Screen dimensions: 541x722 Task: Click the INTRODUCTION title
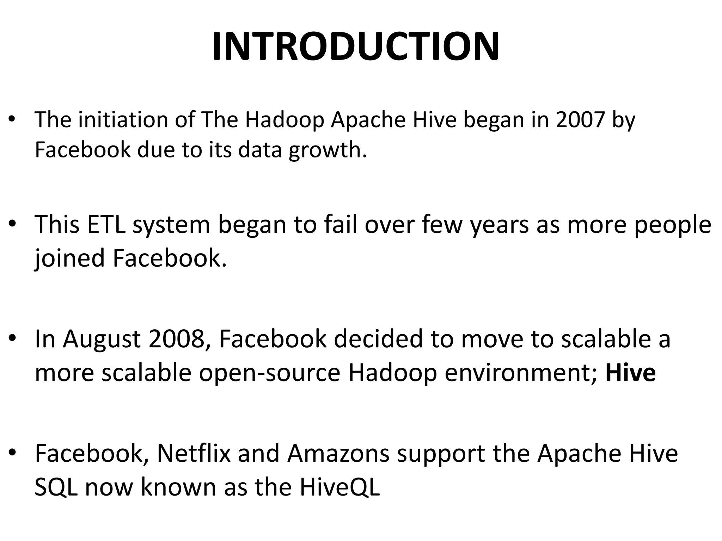355,47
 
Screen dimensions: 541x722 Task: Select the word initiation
123,120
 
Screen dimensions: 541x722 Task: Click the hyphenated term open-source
270,373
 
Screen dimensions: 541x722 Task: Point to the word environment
520,373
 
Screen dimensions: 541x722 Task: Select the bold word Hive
630,373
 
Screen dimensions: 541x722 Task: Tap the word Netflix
194,454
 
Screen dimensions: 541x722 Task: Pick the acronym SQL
56,487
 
